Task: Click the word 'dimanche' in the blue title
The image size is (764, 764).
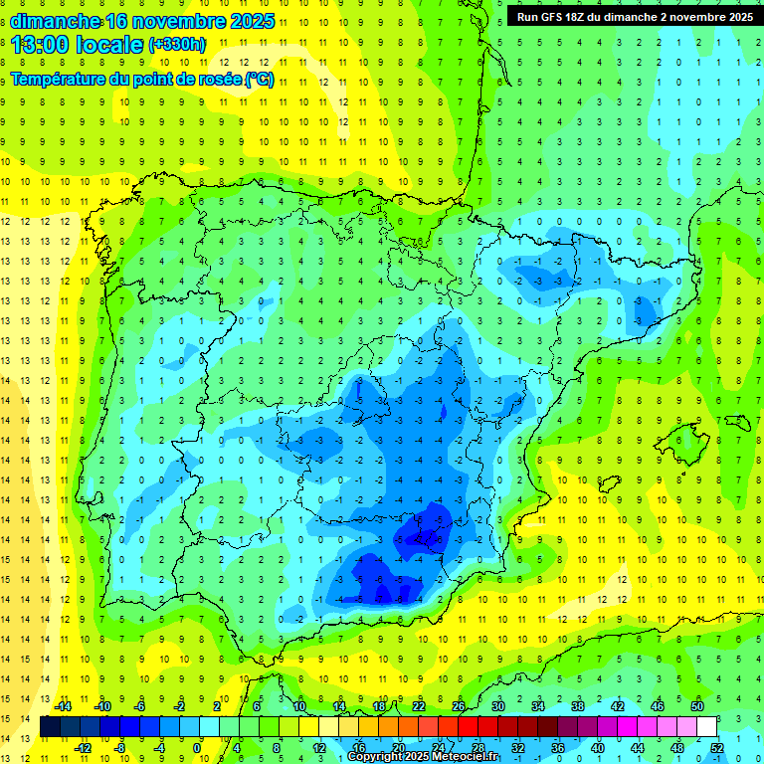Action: click(56, 21)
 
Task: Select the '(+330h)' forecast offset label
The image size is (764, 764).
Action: click(177, 45)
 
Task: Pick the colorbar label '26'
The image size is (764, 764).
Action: click(459, 706)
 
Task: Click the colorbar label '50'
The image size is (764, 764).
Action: click(697, 706)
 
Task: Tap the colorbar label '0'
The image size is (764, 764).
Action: click(197, 748)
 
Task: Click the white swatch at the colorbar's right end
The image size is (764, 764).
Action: click(707, 727)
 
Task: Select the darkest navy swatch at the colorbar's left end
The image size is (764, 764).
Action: click(50, 727)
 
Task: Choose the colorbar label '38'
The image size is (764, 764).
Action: click(578, 706)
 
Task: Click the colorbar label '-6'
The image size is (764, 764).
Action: click(140, 706)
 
